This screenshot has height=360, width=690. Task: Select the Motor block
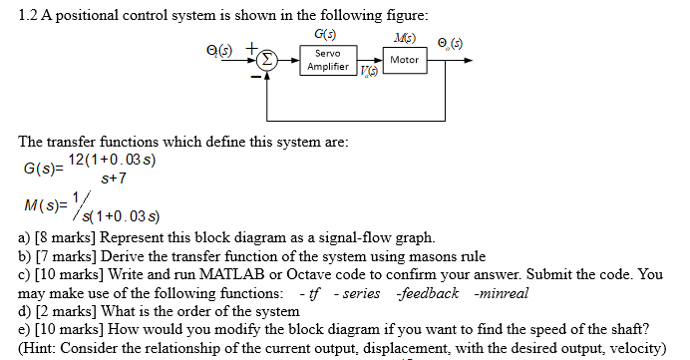[x=405, y=60]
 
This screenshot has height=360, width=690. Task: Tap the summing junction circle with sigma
[x=266, y=60]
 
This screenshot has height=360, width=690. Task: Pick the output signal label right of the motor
[x=452, y=44]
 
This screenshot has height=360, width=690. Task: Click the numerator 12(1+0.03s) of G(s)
[x=115, y=160]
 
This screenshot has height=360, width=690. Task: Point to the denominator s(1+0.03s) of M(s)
[x=126, y=215]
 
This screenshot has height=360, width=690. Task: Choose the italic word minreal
[x=503, y=292]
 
